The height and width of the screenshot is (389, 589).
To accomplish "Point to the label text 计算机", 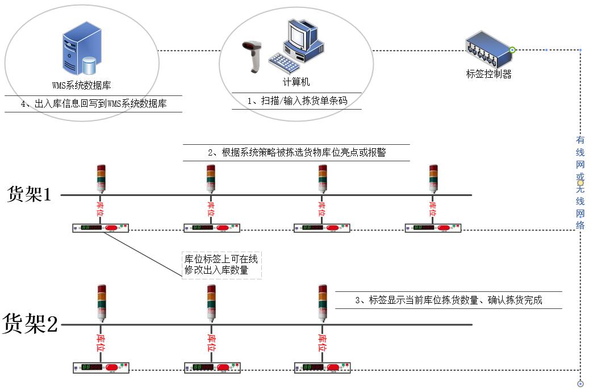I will click(x=296, y=82).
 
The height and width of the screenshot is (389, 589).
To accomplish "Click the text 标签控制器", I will click(x=488, y=74).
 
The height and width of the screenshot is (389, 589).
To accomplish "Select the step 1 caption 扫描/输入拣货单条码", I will click(x=296, y=101).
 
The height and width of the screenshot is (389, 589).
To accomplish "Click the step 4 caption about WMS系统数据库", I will click(x=93, y=104).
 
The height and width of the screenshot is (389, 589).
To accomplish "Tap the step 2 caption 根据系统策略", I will click(x=296, y=153).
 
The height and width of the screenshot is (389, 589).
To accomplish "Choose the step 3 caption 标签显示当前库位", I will click(x=448, y=300).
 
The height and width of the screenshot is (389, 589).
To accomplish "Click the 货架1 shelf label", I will click(x=29, y=194).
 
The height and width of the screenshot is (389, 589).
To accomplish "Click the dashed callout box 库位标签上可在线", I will click(x=221, y=265).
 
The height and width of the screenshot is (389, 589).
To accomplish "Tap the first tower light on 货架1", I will click(x=101, y=178).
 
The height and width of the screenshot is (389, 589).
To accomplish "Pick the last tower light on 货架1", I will click(x=433, y=178).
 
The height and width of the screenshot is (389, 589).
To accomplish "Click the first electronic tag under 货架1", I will click(x=101, y=228).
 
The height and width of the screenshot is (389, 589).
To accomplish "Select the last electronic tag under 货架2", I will click(x=322, y=367).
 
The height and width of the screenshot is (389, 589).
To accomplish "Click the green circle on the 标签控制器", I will click(x=512, y=50).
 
